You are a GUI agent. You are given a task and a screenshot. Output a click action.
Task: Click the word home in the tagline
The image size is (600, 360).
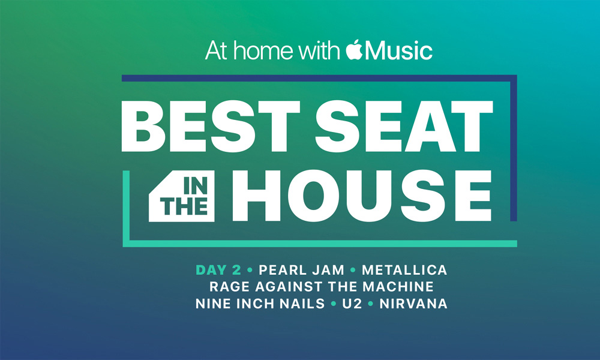click(x=263, y=50)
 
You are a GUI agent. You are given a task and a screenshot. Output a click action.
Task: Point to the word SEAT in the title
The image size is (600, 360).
click(x=404, y=126)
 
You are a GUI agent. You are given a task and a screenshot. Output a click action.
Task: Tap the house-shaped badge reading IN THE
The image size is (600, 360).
click(x=182, y=196)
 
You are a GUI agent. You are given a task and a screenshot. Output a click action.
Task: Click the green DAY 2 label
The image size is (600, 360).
click(x=218, y=270)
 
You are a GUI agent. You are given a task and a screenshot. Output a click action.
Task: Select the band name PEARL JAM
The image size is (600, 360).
click(x=302, y=270)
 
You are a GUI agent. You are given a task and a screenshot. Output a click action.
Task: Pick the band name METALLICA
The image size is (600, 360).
click(x=404, y=270)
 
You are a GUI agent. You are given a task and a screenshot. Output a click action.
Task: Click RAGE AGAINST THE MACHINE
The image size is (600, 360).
click(x=322, y=287)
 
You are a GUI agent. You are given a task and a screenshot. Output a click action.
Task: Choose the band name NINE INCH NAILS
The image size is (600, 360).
click(x=260, y=304)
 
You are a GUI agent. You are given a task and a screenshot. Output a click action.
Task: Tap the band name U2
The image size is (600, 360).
click(x=352, y=304)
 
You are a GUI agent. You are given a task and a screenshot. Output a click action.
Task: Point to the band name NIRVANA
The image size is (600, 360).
click(x=413, y=304)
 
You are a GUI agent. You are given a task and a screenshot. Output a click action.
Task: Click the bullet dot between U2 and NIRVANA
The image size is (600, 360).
click(x=370, y=304)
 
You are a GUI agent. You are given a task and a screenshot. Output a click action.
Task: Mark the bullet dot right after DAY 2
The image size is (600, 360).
click(x=250, y=270)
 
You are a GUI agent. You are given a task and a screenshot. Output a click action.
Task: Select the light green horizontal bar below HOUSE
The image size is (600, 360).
click(x=323, y=244)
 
